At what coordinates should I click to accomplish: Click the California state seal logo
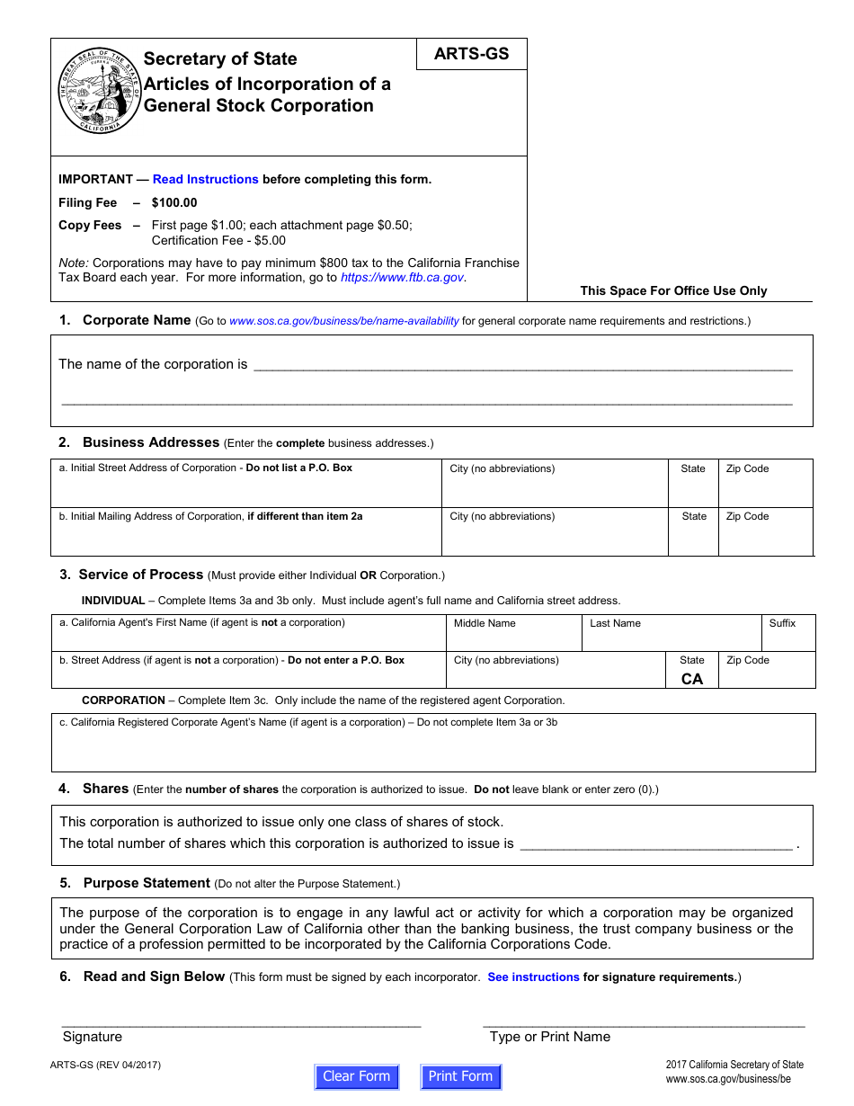(99, 93)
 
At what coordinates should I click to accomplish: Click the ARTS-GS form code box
(471, 54)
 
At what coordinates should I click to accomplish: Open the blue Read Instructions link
(205, 179)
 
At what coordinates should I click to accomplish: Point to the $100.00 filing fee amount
(174, 202)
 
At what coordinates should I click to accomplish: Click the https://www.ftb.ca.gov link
(402, 278)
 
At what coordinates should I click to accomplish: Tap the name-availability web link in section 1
(343, 321)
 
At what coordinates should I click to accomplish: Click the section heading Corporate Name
(137, 320)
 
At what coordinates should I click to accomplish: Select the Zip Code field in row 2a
(765, 488)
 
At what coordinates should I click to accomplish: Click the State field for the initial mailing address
(693, 537)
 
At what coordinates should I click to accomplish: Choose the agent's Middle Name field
(513, 638)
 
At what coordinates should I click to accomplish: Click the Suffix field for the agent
(788, 638)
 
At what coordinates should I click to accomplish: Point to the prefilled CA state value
(692, 679)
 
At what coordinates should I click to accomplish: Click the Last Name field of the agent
(672, 638)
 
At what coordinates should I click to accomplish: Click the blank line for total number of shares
(656, 843)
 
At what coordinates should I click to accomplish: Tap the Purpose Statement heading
(147, 883)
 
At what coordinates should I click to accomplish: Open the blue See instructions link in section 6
(533, 977)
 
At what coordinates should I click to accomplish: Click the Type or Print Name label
(549, 1037)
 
